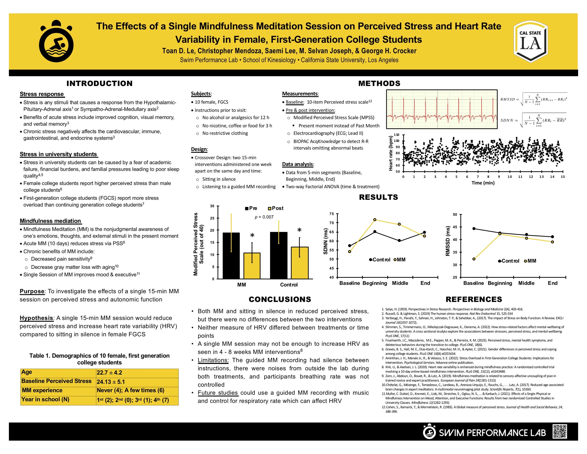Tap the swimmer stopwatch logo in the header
click(56, 41)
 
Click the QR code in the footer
click(560, 432)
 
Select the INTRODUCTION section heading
click(100, 83)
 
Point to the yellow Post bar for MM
click(252, 266)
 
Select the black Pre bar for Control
click(279, 255)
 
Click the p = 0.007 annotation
click(264, 217)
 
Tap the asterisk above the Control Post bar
click(299, 230)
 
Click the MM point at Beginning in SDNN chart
click(375, 220)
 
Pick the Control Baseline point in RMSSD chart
click(474, 229)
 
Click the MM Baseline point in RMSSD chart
click(474, 259)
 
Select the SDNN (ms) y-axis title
click(325, 241)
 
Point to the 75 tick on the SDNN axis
click(332, 214)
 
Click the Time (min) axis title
click(483, 183)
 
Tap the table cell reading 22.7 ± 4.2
click(109, 372)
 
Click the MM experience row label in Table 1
click(42, 390)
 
